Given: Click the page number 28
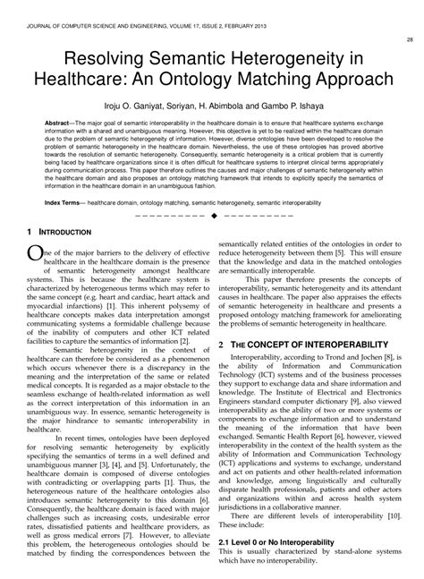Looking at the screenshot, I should coord(409,39).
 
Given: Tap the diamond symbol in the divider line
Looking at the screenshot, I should coord(213,216).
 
